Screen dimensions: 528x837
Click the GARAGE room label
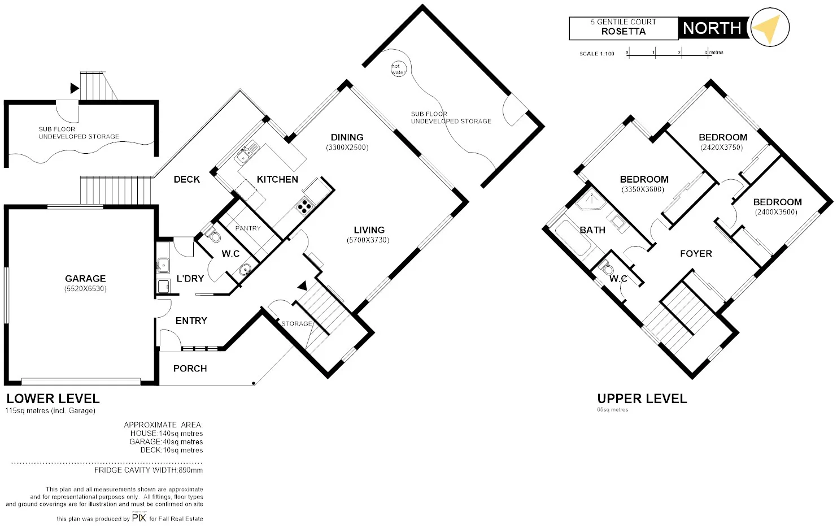[x=85, y=279]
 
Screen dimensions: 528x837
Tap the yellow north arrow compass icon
[x=769, y=28]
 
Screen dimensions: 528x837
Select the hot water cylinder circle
[x=398, y=69]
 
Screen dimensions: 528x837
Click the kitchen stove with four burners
[x=304, y=206]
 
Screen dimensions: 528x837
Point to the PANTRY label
[x=248, y=228]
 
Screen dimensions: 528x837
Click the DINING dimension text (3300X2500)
[x=347, y=148]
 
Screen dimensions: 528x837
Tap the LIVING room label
[x=369, y=230]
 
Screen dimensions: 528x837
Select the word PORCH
[x=190, y=369]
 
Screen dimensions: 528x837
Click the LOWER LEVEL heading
[x=53, y=399]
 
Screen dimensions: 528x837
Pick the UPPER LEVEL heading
[x=642, y=399]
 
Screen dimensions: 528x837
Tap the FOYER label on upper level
[x=696, y=254]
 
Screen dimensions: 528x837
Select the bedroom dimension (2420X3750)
[x=722, y=148]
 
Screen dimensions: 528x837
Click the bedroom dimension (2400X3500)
[x=776, y=213]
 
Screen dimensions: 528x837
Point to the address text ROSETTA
[x=623, y=32]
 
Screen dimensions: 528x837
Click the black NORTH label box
[x=712, y=28]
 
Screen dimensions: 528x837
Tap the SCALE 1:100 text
[x=596, y=54]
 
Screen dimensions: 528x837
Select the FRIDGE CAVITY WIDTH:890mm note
[x=148, y=470]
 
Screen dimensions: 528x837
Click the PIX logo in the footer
[x=139, y=517]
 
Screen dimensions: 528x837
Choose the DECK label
[x=186, y=179]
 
